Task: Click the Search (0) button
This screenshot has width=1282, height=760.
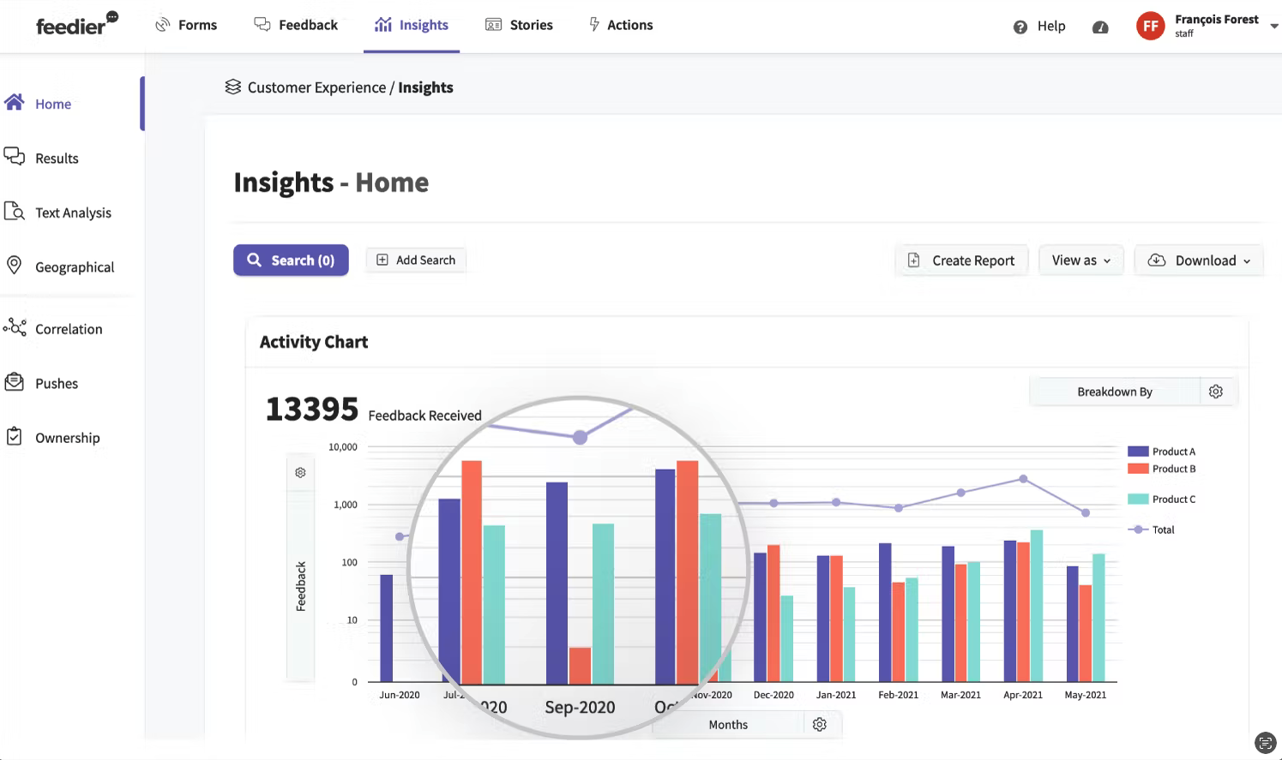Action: point(291,260)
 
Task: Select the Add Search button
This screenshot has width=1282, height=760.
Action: point(416,260)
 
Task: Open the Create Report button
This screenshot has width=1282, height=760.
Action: point(961,260)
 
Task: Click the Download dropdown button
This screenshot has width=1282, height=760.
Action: point(1199,260)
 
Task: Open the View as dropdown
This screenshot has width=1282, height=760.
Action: point(1080,260)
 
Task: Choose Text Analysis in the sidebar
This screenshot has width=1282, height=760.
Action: point(73,212)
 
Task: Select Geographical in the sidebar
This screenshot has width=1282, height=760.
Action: point(75,267)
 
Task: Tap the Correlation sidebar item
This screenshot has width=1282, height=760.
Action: point(69,329)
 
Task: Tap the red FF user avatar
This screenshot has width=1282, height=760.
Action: point(1150,26)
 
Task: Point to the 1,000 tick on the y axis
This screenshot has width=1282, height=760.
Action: point(346,505)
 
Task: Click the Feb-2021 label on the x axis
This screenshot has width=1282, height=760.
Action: point(898,695)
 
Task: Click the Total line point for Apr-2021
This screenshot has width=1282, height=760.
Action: point(1023,479)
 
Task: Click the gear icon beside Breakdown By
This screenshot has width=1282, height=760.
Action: point(1216,392)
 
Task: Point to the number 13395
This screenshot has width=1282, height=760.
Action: point(312,410)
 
